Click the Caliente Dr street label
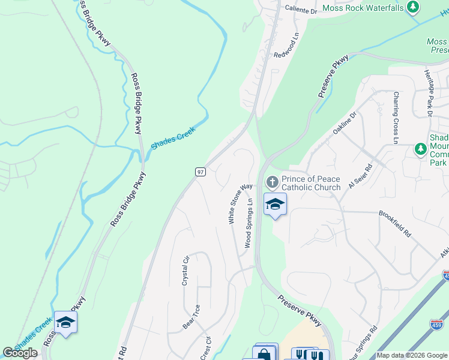(x=300, y=11)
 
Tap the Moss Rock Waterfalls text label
(x=364, y=8)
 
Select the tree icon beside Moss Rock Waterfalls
(x=413, y=7)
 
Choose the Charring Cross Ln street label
(x=395, y=118)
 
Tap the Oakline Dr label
(x=345, y=123)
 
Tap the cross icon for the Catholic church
(x=271, y=182)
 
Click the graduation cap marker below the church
(x=275, y=205)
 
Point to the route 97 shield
(x=201, y=172)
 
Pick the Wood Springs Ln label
(x=249, y=224)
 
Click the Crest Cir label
(x=208, y=349)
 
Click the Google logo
(x=20, y=353)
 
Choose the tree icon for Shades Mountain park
(x=421, y=149)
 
